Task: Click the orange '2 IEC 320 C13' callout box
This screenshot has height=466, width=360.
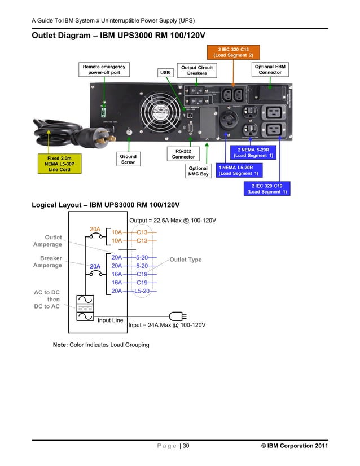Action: tap(232, 53)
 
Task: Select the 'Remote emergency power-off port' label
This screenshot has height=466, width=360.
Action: tap(105, 69)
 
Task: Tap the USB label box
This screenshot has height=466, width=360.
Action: tap(165, 73)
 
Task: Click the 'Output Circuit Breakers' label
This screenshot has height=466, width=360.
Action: tap(196, 70)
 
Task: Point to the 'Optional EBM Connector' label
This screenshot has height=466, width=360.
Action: tap(270, 69)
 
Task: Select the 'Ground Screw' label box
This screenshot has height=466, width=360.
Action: tap(128, 160)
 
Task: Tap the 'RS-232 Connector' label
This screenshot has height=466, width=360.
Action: tap(183, 153)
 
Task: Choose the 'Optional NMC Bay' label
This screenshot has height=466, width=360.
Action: tap(198, 171)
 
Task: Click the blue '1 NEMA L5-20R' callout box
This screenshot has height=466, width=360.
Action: tap(239, 170)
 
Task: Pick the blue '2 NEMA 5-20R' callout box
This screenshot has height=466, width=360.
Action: tap(253, 152)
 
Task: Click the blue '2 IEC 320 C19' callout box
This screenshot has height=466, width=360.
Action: tap(267, 188)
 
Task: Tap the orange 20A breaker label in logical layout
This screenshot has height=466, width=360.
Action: tap(95, 229)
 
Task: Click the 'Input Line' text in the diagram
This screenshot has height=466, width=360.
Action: tap(111, 320)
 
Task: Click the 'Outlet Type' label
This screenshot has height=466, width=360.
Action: tap(185, 260)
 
